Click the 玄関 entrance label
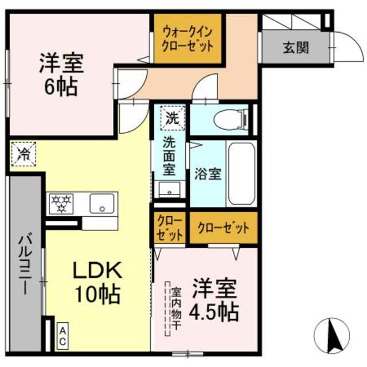[x=295, y=47]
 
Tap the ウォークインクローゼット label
[x=188, y=38]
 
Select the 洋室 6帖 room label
[x=62, y=75]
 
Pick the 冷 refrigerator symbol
[x=24, y=153]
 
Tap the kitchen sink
[x=103, y=203]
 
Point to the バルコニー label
[x=24, y=264]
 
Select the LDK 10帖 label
[x=96, y=282]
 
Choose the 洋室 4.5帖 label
[x=214, y=299]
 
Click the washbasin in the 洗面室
[x=170, y=190]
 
